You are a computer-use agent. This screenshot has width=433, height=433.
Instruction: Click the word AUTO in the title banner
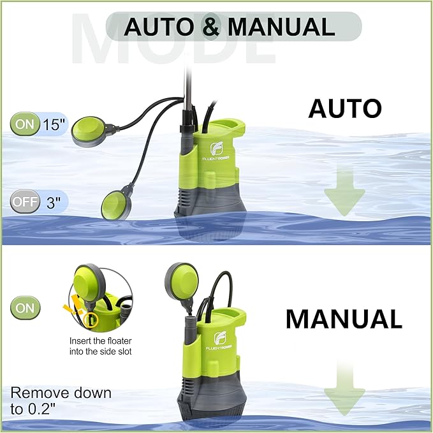tap(159, 27)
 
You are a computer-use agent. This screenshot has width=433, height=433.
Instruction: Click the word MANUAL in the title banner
tap(281, 27)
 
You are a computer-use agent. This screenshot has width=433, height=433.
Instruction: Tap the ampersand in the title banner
tap(211, 26)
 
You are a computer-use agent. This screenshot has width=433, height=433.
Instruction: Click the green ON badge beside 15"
tap(25, 124)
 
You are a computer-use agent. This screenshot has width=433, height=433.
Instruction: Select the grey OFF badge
tap(25, 202)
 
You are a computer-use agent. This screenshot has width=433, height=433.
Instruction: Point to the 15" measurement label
tap(54, 124)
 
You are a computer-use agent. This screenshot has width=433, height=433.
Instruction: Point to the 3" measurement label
tap(54, 202)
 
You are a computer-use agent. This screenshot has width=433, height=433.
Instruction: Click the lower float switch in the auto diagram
tap(117, 202)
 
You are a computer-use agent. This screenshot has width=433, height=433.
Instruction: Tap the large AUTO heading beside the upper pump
tap(345, 108)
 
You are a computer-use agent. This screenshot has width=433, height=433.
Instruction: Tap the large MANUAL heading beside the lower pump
tap(344, 319)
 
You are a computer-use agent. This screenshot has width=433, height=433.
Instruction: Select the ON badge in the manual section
tap(25, 307)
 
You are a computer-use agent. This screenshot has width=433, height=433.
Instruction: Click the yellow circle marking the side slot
tap(91, 320)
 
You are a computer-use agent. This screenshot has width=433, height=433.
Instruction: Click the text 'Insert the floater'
tap(101, 341)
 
